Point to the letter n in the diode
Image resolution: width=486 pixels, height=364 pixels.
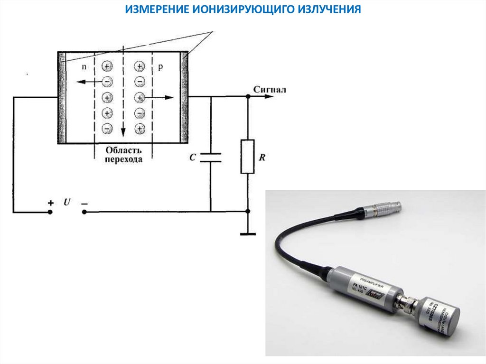pyautogui.click(x=84, y=67)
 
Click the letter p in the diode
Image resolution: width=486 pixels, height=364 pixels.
pyautogui.click(x=160, y=67)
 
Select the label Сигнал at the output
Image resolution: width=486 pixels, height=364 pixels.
pyautogui.click(x=270, y=89)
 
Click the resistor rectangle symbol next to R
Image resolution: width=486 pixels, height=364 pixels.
pyautogui.click(x=247, y=157)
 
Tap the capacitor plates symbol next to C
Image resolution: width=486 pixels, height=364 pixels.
pyautogui.click(x=210, y=158)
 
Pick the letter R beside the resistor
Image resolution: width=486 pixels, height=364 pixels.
pyautogui.click(x=262, y=158)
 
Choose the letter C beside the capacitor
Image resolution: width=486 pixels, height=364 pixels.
pyautogui.click(x=192, y=158)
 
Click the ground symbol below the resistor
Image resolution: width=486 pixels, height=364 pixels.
pyautogui.click(x=247, y=233)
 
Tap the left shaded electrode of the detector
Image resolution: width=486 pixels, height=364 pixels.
pyautogui.click(x=61, y=97)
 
